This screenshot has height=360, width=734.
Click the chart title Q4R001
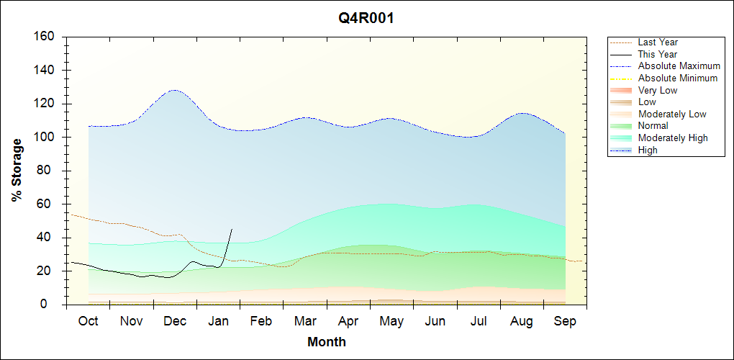(x=366, y=19)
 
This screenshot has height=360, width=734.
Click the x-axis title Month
(x=327, y=342)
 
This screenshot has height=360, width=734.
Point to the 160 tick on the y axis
(x=45, y=37)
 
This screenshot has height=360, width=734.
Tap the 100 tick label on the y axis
(x=45, y=138)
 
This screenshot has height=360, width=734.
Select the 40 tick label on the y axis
(x=48, y=238)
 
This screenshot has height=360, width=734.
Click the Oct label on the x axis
(x=89, y=321)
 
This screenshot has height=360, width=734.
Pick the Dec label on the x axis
(x=175, y=321)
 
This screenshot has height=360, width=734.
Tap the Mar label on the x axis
(x=306, y=321)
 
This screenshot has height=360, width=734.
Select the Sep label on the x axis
(x=566, y=321)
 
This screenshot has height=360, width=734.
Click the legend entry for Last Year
(x=658, y=42)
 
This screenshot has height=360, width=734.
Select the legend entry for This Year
(x=657, y=54)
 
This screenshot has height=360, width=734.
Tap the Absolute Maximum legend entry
(x=679, y=66)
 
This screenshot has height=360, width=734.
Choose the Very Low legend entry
(x=657, y=90)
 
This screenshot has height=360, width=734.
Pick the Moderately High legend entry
(x=673, y=138)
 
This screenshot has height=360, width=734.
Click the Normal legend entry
(x=653, y=126)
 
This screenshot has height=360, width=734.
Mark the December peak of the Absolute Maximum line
(x=174, y=90)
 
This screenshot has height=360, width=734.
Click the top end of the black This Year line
(x=232, y=229)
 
